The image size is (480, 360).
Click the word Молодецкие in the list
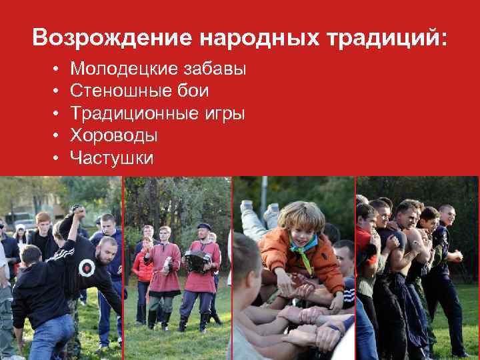tap(119, 69)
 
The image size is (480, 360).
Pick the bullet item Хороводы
tap(114, 137)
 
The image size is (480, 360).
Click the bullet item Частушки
tap(111, 159)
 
